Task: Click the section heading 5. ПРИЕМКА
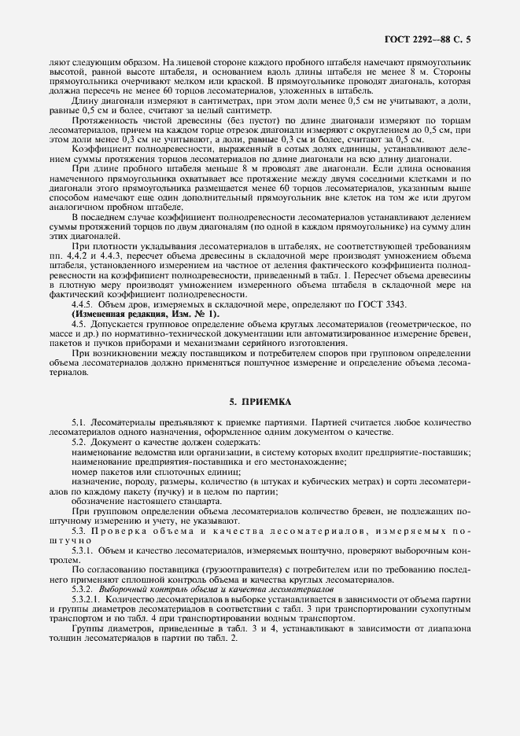[x=260, y=402]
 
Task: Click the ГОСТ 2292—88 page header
[x=442, y=37]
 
